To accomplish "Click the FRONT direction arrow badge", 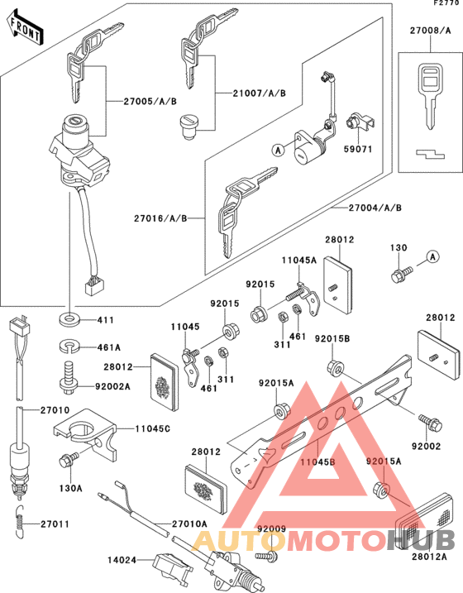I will pos(25,31).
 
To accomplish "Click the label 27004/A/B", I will pos(375,207).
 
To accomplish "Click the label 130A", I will pos(71,489).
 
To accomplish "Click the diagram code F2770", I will pos(444,4).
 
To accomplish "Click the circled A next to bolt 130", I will pos(432,258).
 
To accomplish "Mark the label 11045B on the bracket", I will pos(317,460).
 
